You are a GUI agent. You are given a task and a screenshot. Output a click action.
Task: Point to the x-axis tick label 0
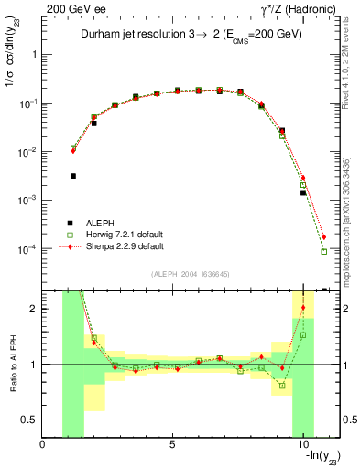coord(43,446)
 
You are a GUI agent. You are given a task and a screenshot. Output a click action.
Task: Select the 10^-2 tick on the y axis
coord(29,151)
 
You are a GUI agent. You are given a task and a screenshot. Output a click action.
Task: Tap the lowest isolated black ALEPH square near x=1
coord(73,176)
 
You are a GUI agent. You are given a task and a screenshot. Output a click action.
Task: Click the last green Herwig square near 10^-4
coord(324,251)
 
